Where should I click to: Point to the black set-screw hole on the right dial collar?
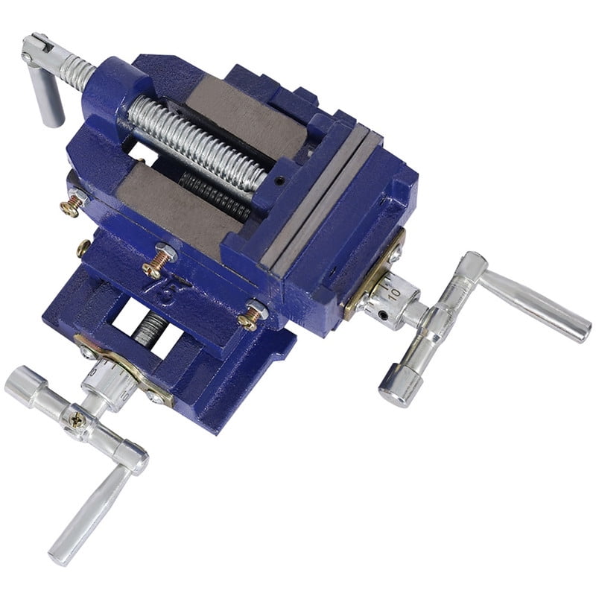(384, 315)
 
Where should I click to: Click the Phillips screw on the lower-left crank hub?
(75, 419)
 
